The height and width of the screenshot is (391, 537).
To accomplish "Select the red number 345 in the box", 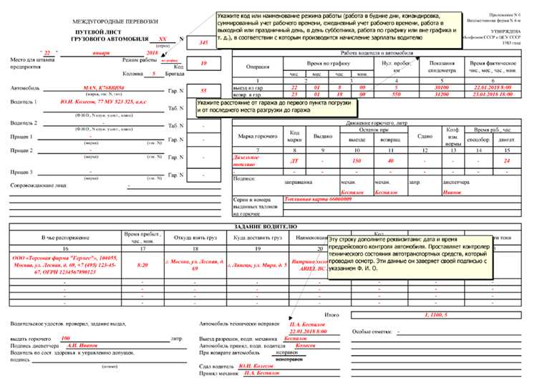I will (204, 44).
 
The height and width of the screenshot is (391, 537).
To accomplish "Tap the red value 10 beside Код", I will (204, 64).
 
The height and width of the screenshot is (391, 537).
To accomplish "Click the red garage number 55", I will (204, 91).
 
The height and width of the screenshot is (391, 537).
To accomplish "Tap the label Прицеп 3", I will (21, 172).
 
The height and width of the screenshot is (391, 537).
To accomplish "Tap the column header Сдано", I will (425, 135).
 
